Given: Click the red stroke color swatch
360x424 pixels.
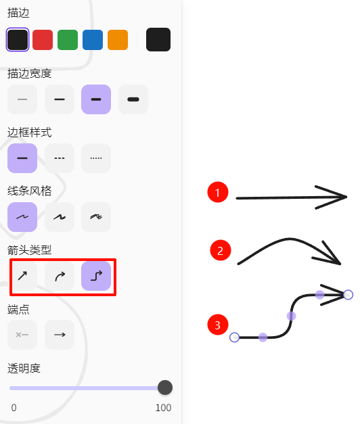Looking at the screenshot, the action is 43,40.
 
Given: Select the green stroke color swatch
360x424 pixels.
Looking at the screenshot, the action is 68,40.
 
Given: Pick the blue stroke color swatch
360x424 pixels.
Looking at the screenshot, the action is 93,40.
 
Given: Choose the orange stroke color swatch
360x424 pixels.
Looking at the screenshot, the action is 118,40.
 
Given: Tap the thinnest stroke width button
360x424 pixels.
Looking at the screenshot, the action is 22,99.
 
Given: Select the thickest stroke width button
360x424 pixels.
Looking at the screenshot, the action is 133,99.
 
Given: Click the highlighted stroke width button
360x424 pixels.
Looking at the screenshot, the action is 96,99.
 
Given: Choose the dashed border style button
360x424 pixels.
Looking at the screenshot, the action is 60,158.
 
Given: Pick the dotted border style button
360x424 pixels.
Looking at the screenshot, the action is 96,158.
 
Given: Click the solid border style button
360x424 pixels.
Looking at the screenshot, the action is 22,158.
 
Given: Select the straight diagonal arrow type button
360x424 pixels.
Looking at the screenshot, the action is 23,276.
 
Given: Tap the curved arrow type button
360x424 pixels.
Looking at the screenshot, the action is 60,276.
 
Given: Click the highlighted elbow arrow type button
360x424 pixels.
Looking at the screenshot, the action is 96,276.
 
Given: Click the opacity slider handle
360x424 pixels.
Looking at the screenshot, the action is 165,387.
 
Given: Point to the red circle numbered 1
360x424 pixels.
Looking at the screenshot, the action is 218,192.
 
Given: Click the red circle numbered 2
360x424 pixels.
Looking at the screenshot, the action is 221,250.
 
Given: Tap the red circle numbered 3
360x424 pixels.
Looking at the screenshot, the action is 218,325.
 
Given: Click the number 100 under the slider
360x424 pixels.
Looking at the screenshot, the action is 163,408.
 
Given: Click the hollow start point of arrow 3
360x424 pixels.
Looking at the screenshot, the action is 234,337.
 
